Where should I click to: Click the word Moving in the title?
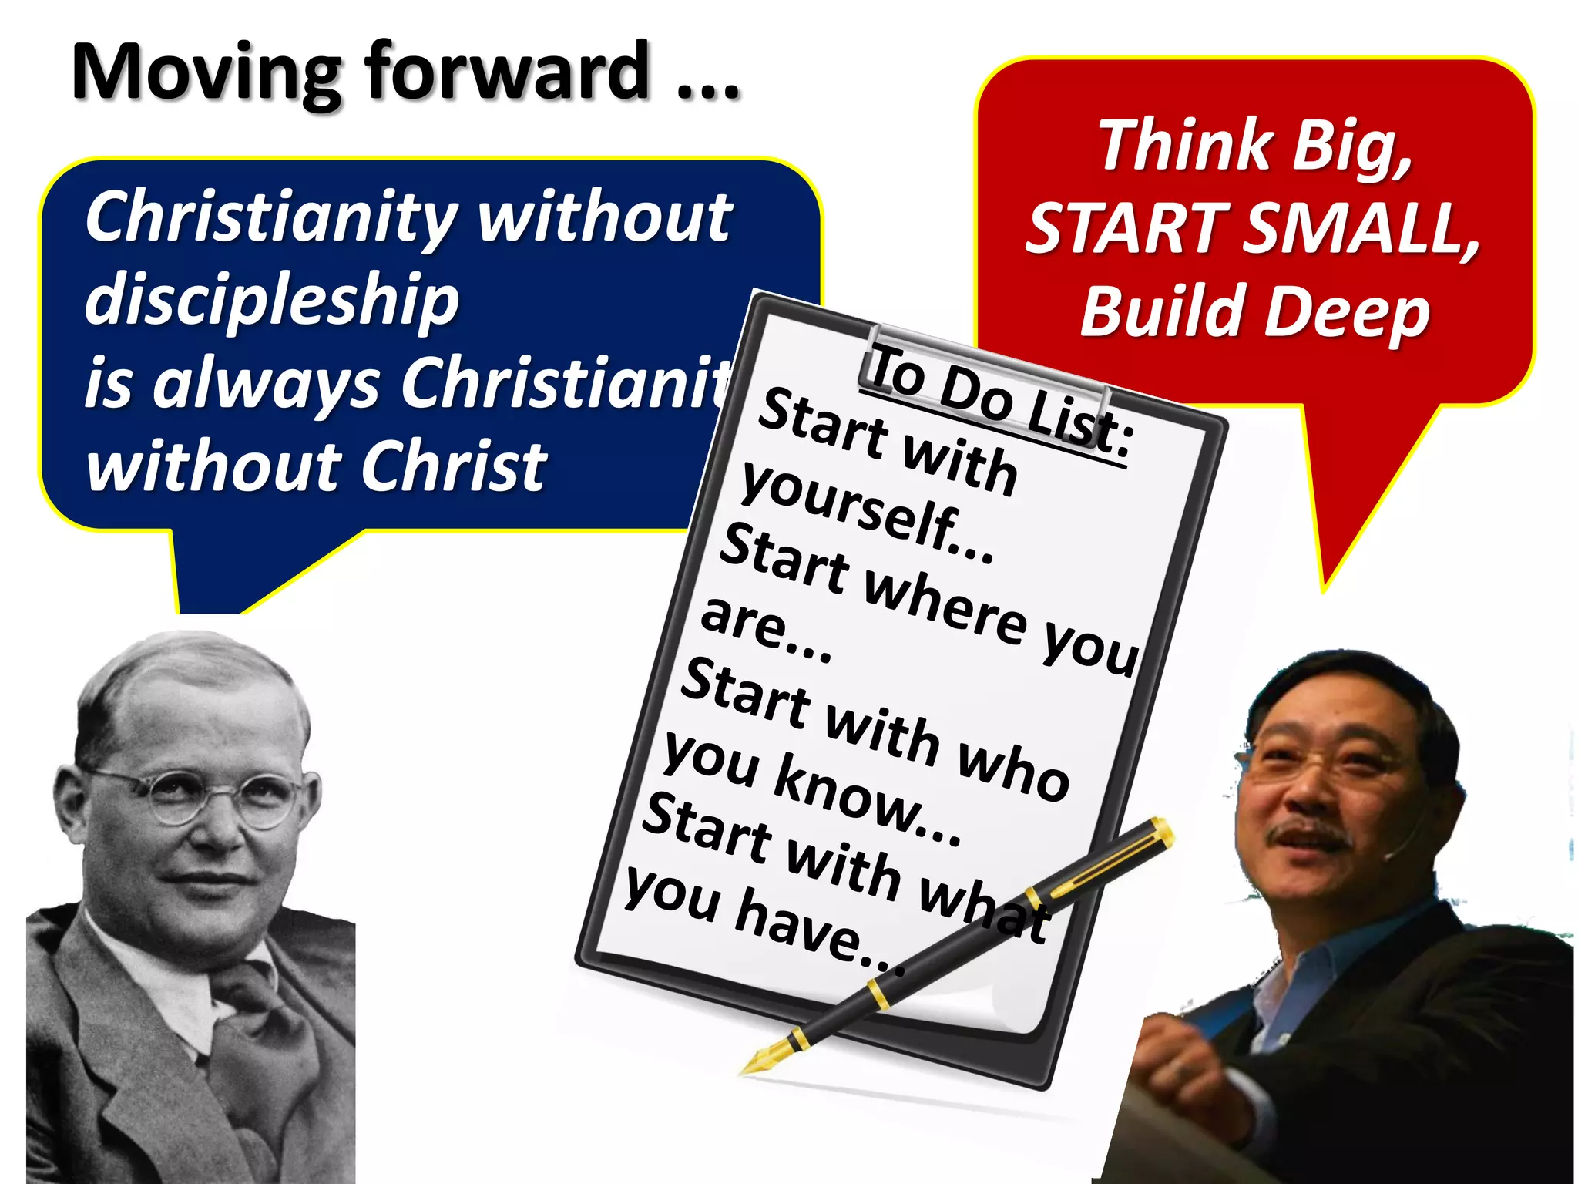[205, 73]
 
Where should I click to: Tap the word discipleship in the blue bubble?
[271, 301]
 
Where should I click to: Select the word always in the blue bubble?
[266, 385]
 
